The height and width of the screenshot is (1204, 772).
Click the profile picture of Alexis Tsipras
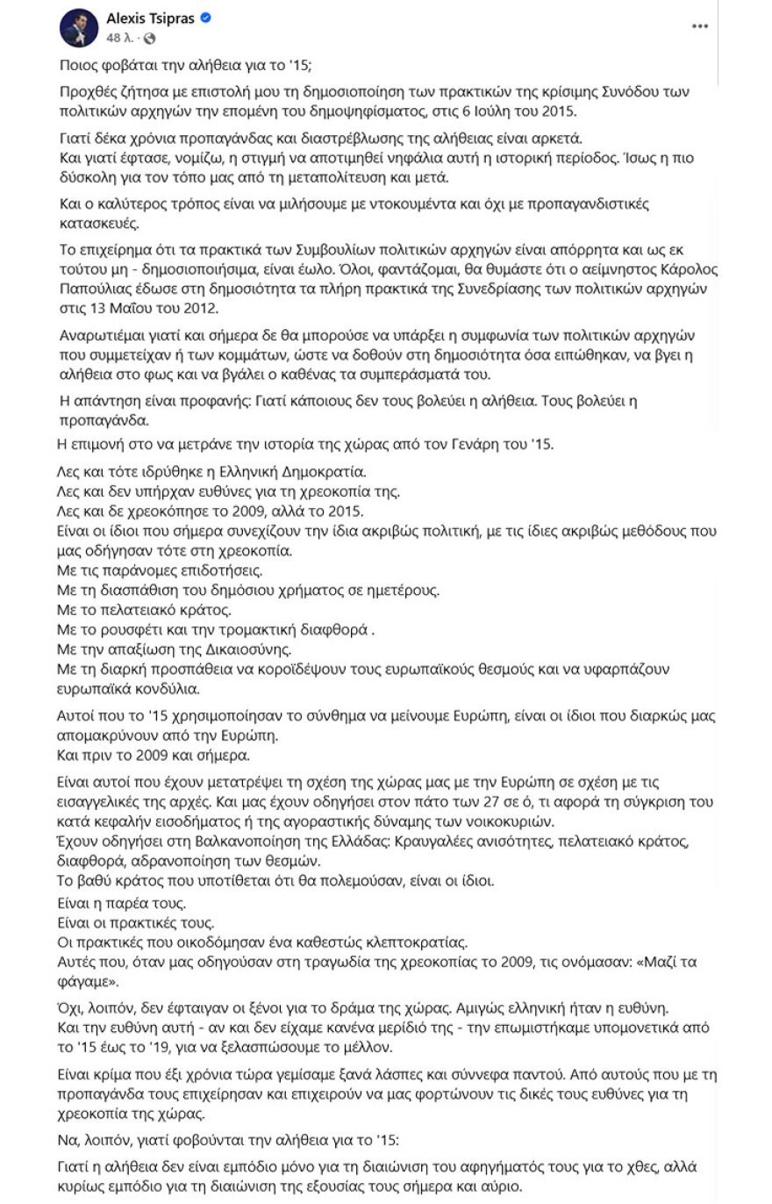(79, 29)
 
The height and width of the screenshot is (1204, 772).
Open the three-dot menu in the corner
(699, 27)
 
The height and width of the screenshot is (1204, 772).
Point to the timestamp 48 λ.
(121, 39)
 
